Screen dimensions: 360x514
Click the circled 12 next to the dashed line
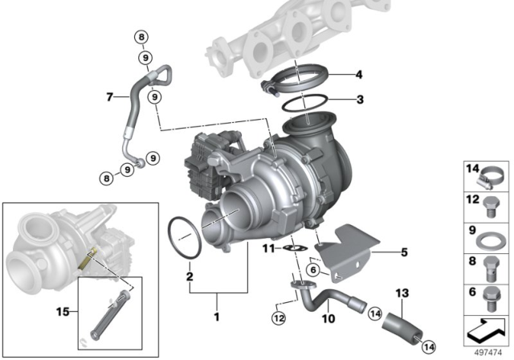click(278, 317)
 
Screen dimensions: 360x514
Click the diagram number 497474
click(486, 351)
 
